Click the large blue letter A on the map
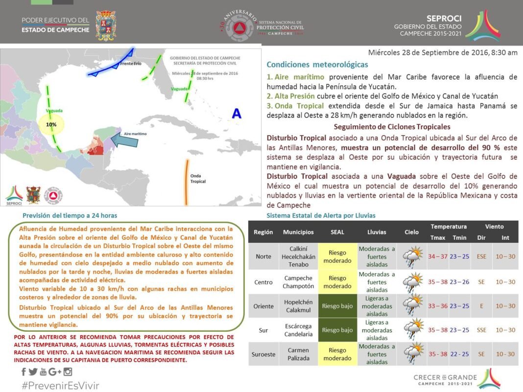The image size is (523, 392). pyautogui.click(x=237, y=114)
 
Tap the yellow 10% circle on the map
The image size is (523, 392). pyautogui.click(x=51, y=125)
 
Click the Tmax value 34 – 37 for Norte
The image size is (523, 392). pyautogui.click(x=438, y=256)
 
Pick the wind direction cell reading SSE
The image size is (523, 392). pyautogui.click(x=481, y=330)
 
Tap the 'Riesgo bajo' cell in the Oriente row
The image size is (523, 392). pyautogui.click(x=337, y=306)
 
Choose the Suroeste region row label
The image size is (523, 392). pyautogui.click(x=264, y=354)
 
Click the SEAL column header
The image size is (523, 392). pyautogui.click(x=337, y=232)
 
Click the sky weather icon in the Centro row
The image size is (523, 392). pyautogui.click(x=412, y=282)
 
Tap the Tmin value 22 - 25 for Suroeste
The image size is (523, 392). pyautogui.click(x=459, y=354)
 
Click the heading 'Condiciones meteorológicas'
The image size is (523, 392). pyautogui.click(x=317, y=65)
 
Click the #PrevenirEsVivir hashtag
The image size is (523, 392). pyautogui.click(x=60, y=385)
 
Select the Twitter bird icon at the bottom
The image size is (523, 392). pyautogui.click(x=33, y=372)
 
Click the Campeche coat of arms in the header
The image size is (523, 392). pyautogui.click(x=105, y=25)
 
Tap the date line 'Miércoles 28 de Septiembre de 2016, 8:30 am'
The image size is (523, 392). pyautogui.click(x=443, y=52)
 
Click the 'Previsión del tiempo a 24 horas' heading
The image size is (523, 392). pyautogui.click(x=70, y=215)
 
